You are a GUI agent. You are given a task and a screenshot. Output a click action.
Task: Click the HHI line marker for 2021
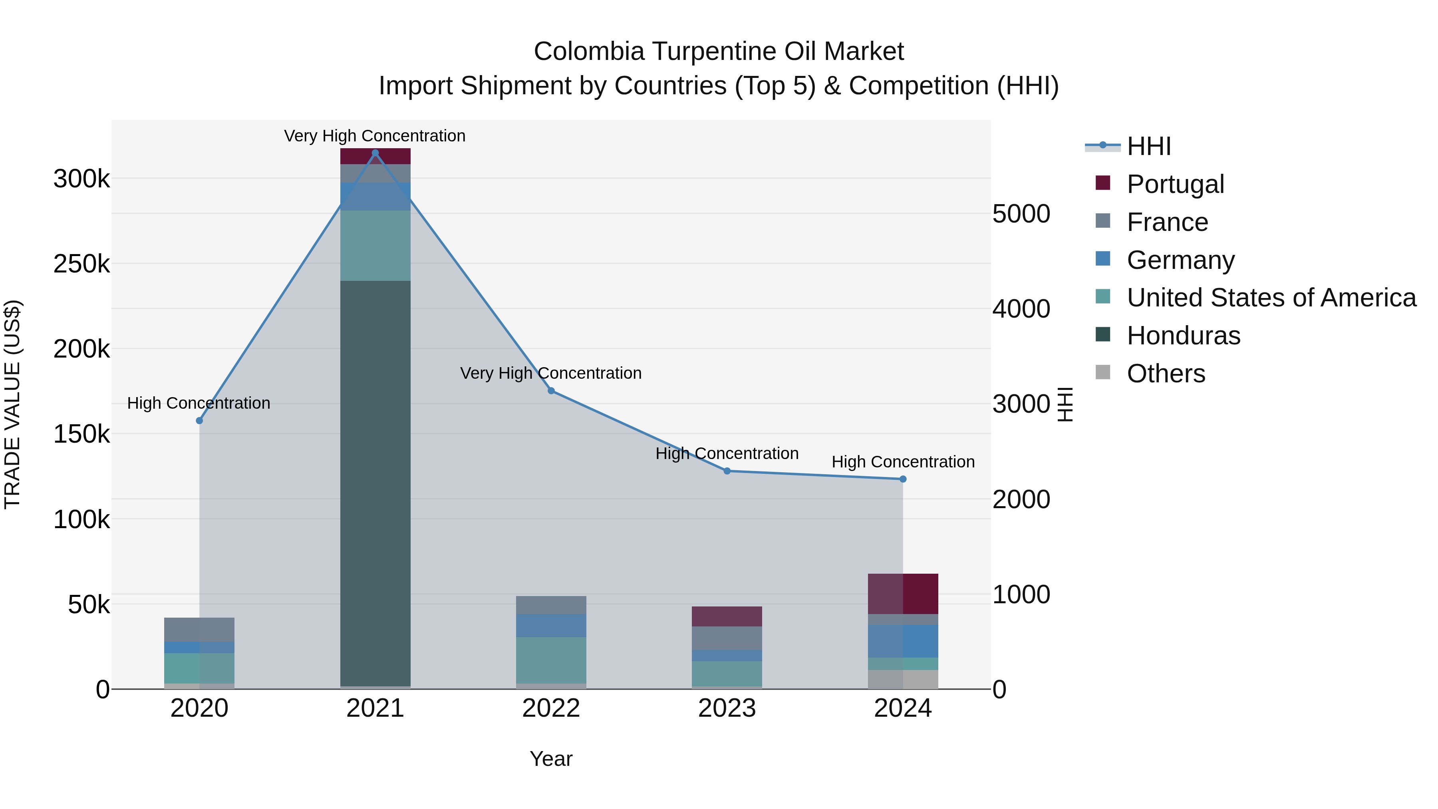[x=375, y=153]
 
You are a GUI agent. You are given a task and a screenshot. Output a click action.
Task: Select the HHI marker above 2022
[x=551, y=391]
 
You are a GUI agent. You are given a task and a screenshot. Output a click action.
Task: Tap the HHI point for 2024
[x=903, y=479]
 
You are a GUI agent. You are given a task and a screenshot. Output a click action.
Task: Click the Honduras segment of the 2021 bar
[x=375, y=483]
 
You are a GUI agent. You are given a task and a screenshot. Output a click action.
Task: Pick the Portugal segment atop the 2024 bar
[x=903, y=594]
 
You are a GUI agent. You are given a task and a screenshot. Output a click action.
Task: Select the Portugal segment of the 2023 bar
[x=727, y=616]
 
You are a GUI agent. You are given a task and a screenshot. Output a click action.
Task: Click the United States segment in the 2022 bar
[x=551, y=660]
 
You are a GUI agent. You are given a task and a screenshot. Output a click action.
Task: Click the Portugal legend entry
[x=1175, y=184]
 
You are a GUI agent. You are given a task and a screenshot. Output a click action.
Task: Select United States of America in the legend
[x=1271, y=298]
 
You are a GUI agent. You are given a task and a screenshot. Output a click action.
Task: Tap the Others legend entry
[x=1166, y=374]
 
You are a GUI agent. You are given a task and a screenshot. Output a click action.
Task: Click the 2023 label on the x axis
[x=727, y=708]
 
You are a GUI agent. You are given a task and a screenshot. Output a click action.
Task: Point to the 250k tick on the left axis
[x=81, y=264]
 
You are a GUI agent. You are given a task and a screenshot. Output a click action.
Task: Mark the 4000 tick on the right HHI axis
[x=1021, y=309]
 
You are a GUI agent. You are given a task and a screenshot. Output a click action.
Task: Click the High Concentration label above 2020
[x=199, y=403]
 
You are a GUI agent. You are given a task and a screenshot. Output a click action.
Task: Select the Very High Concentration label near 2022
[x=550, y=373]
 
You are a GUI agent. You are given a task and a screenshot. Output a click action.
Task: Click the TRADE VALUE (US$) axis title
[x=12, y=404]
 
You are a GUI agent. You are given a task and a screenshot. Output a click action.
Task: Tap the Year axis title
[x=551, y=759]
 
